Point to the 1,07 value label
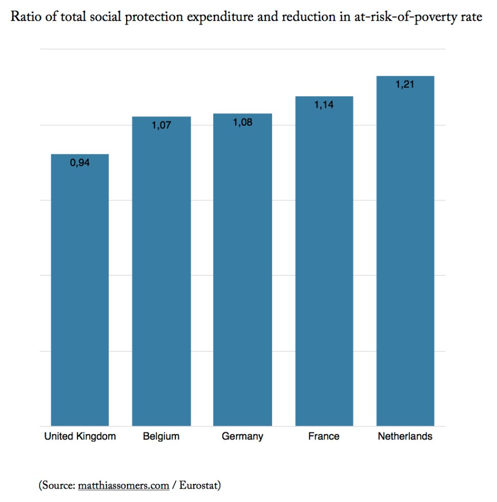pyautogui.click(x=161, y=126)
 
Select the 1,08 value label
pyautogui.click(x=242, y=123)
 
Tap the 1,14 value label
pyautogui.click(x=324, y=105)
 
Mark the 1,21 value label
pyautogui.click(x=405, y=85)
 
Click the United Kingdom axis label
pyautogui.click(x=80, y=437)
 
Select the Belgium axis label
pyautogui.click(x=161, y=437)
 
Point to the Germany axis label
pyautogui.click(x=242, y=437)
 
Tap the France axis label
pyautogui.click(x=324, y=437)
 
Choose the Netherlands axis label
pyautogui.click(x=405, y=437)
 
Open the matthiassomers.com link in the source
pyautogui.click(x=125, y=485)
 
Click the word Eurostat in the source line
pyautogui.click(x=198, y=485)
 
